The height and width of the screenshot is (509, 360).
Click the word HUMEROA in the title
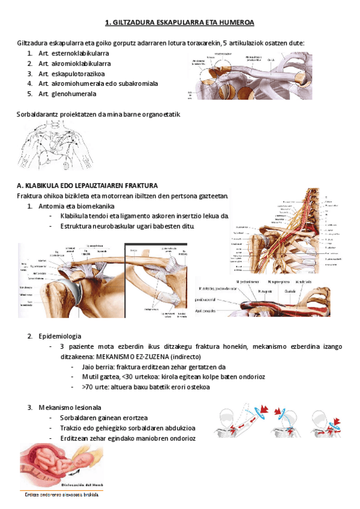tap(238, 23)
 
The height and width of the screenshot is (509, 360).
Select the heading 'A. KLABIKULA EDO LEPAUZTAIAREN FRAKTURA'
tap(88, 185)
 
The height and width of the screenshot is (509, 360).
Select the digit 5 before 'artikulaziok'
tap(225, 43)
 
